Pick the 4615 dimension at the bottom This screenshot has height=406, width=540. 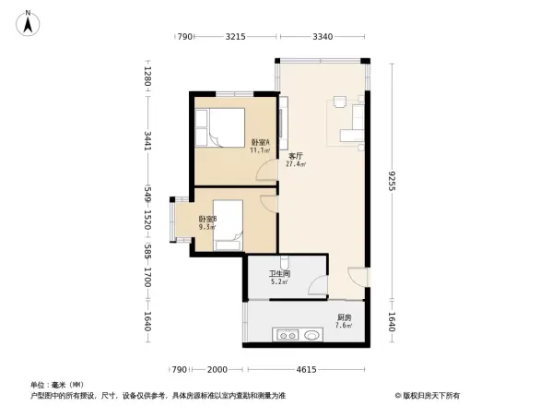pos(305,370)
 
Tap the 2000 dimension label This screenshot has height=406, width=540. pos(217,370)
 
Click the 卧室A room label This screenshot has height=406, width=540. pos(260,142)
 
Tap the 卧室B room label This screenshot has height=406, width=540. pos(207,219)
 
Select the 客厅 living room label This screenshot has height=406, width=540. pos(296,156)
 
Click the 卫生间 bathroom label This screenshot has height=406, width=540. pos(279,274)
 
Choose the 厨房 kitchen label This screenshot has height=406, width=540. pos(343,317)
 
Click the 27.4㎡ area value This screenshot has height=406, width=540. pos(297,164)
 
